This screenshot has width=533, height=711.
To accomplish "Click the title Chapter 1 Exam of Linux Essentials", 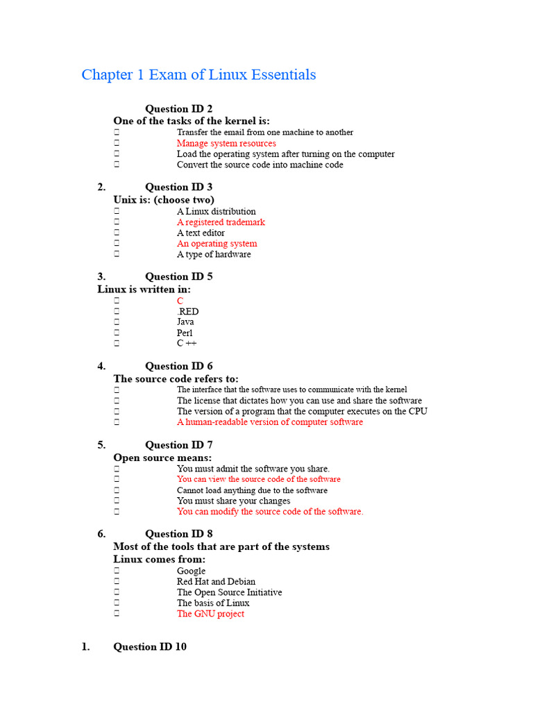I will pyautogui.click(x=198, y=74).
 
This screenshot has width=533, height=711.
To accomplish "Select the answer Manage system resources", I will pyautogui.click(x=226, y=143).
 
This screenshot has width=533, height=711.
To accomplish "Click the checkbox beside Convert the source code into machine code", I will pyautogui.click(x=117, y=165).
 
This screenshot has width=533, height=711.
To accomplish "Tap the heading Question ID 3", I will pyautogui.click(x=178, y=187).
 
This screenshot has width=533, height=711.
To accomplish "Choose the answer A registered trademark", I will pyautogui.click(x=221, y=222).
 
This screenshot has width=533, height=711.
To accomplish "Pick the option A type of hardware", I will pyautogui.click(x=214, y=254).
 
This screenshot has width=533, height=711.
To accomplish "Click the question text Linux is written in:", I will pyautogui.click(x=144, y=289).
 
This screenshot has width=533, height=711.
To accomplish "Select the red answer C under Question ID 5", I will pyautogui.click(x=180, y=301).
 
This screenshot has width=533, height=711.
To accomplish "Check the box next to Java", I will pyautogui.click(x=117, y=322).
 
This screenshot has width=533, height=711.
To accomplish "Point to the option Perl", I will pyautogui.click(x=185, y=333).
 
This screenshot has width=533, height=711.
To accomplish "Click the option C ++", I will pyautogui.click(x=187, y=344).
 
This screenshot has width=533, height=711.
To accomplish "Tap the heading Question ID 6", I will pyautogui.click(x=178, y=366).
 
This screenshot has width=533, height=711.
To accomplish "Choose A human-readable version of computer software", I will pyautogui.click(x=269, y=422).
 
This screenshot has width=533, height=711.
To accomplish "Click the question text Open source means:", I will pyautogui.click(x=162, y=458).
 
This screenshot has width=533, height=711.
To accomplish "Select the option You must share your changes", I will pyautogui.click(x=233, y=501).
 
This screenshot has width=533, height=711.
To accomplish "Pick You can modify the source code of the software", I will pyautogui.click(x=270, y=512).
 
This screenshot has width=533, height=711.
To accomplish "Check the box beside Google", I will pyautogui.click(x=117, y=571).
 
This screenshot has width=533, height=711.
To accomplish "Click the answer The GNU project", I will pyautogui.click(x=210, y=614).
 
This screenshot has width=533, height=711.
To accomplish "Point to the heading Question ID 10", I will pyautogui.click(x=149, y=646).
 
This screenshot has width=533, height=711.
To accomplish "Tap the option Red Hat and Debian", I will pyautogui.click(x=216, y=582).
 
